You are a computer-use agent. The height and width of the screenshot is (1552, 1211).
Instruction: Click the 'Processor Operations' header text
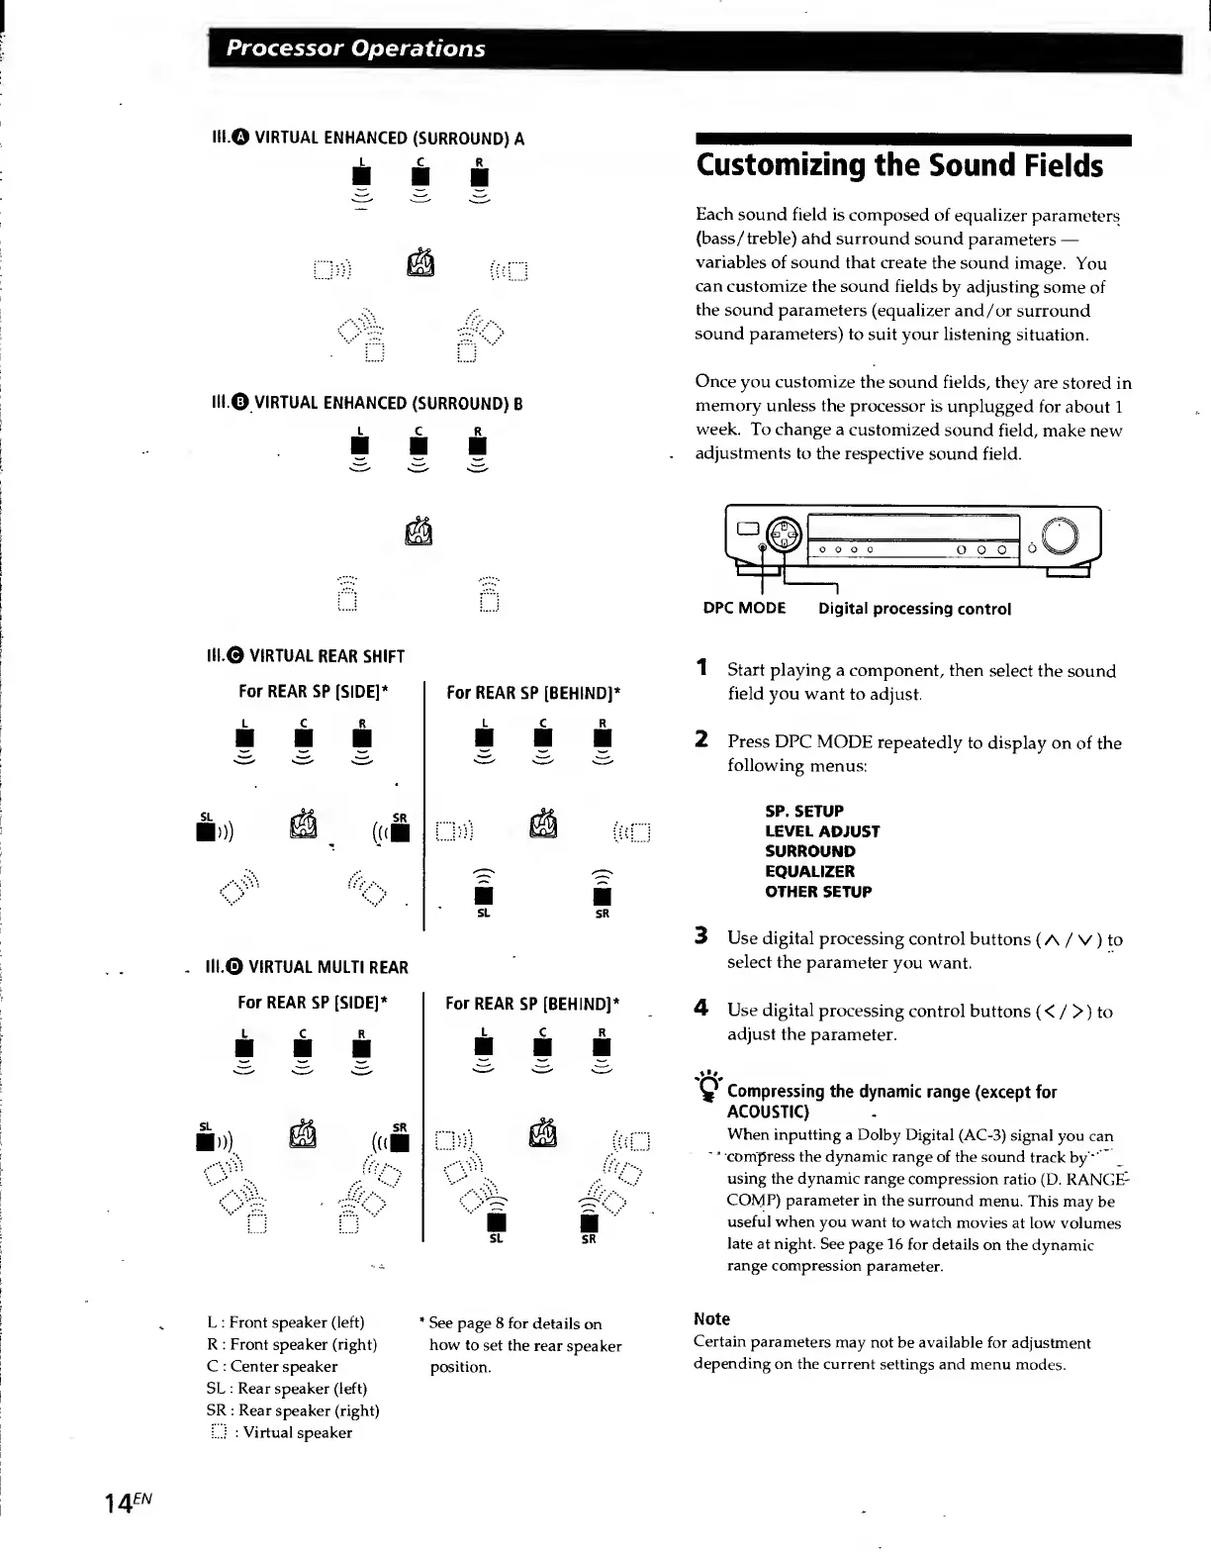[355, 48]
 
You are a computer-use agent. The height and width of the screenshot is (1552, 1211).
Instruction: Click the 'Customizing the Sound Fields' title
[899, 165]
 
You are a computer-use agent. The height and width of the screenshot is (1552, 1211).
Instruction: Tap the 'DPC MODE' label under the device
[744, 609]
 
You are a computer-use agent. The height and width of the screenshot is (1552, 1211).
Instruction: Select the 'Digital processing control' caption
[914, 609]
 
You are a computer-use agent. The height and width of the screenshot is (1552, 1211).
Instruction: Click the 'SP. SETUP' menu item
[804, 811]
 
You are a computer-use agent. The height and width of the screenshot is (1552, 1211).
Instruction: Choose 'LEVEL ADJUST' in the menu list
[822, 831]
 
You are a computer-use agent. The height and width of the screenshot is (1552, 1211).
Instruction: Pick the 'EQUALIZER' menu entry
[809, 871]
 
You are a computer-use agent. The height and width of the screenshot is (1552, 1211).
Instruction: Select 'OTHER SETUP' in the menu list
[818, 892]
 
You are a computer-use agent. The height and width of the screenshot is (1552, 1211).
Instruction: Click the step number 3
[700, 936]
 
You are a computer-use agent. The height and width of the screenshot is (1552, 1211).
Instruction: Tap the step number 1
[700, 668]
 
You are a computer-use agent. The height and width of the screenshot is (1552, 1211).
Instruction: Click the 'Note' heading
[712, 1318]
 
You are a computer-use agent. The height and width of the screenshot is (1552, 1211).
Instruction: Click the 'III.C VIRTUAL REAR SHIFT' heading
[305, 656]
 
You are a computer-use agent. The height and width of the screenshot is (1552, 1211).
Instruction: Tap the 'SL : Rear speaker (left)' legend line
[287, 1389]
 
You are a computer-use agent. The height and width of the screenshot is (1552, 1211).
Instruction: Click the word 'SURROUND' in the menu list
[810, 851]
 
